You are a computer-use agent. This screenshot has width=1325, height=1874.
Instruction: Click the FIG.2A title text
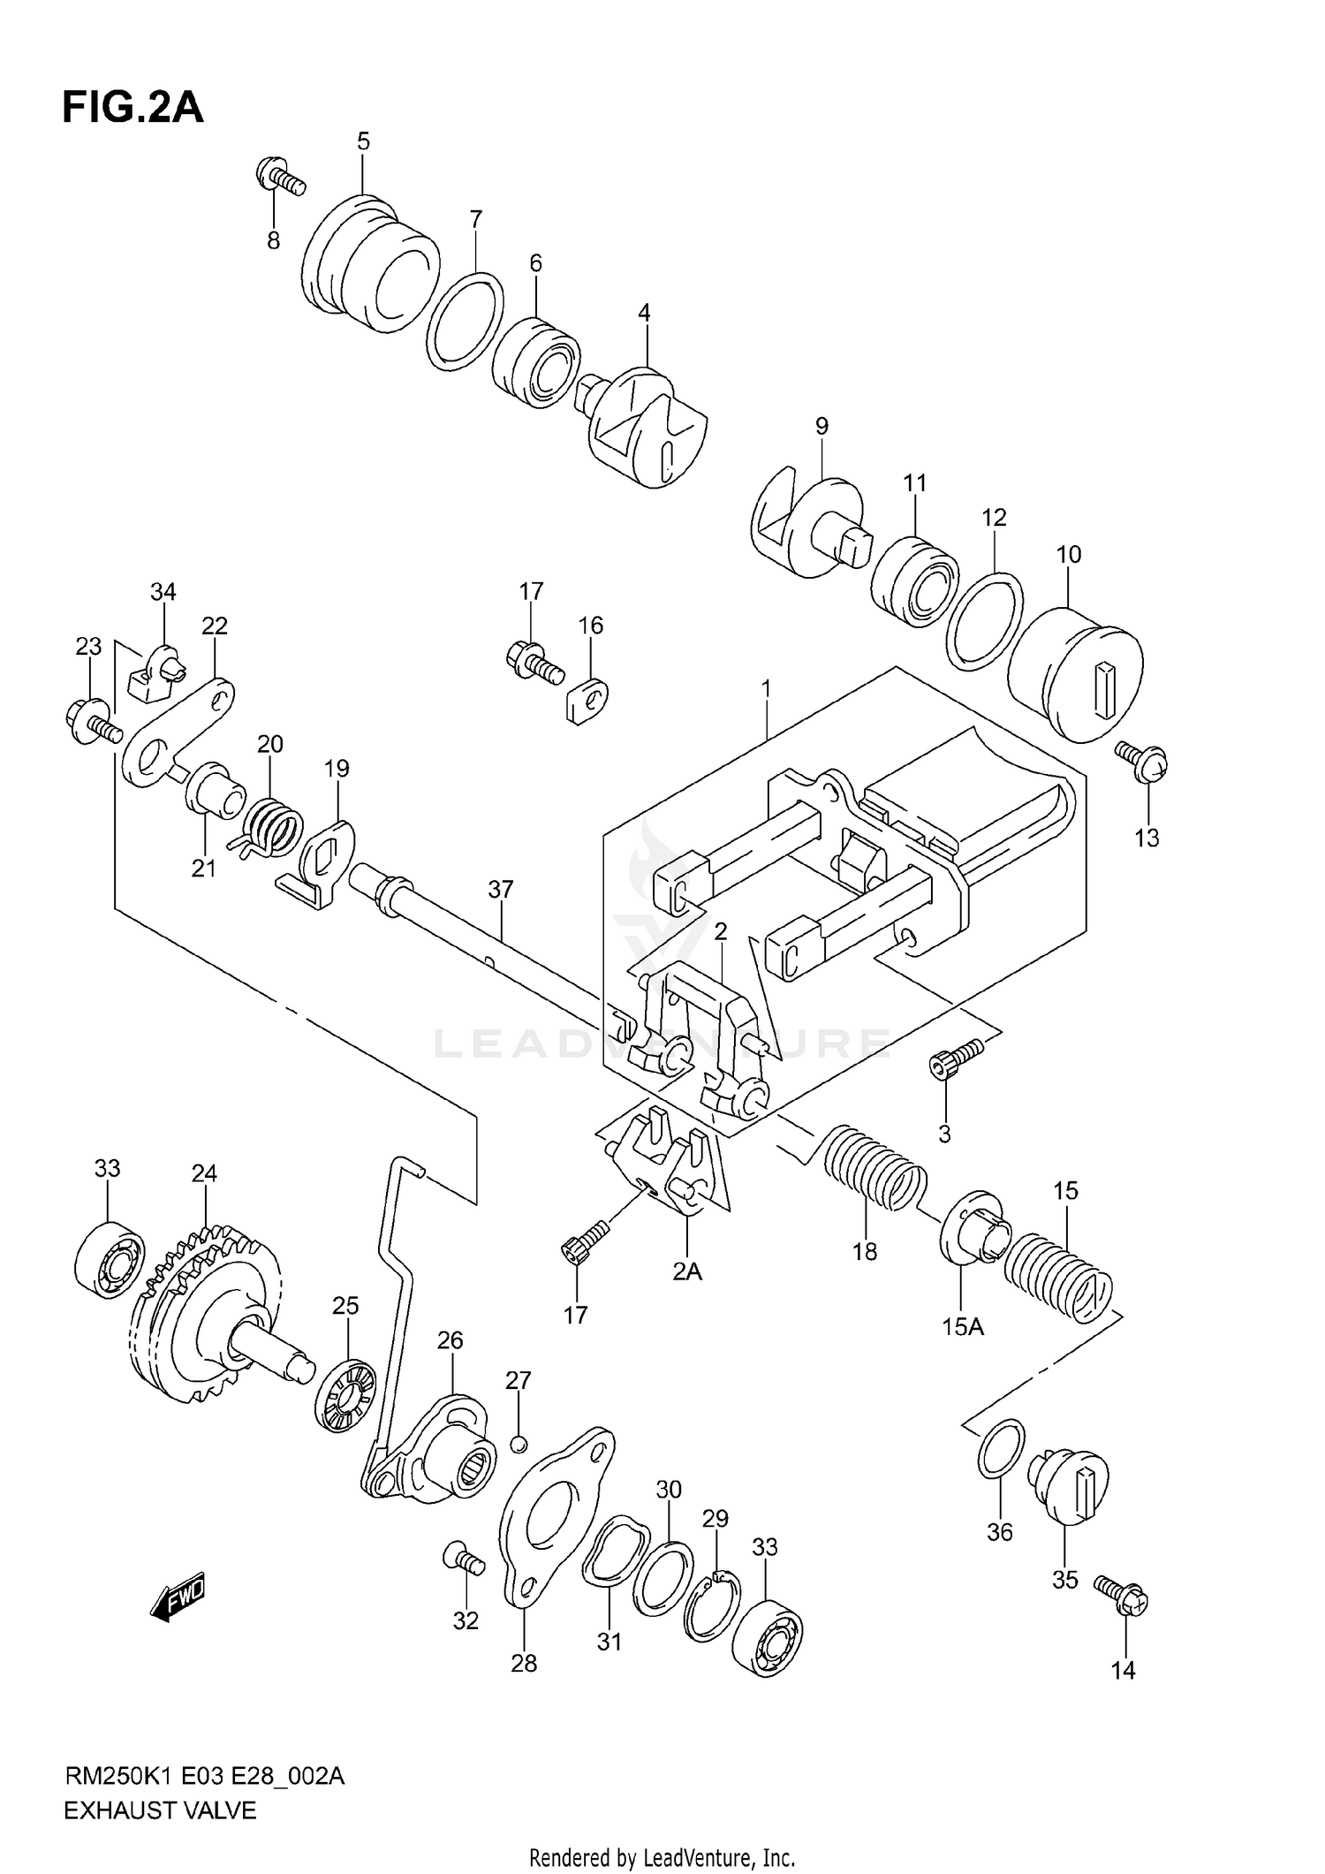click(132, 108)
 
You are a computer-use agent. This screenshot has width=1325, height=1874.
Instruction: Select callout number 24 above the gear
click(204, 1173)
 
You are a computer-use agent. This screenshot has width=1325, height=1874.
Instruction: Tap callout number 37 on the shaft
click(501, 889)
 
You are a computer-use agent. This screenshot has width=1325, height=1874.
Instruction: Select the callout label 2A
click(686, 1271)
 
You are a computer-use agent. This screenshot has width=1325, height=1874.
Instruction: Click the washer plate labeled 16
click(585, 699)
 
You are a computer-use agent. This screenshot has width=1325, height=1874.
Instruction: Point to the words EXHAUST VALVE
click(160, 1810)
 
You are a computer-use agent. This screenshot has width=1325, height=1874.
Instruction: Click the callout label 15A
click(963, 1326)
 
